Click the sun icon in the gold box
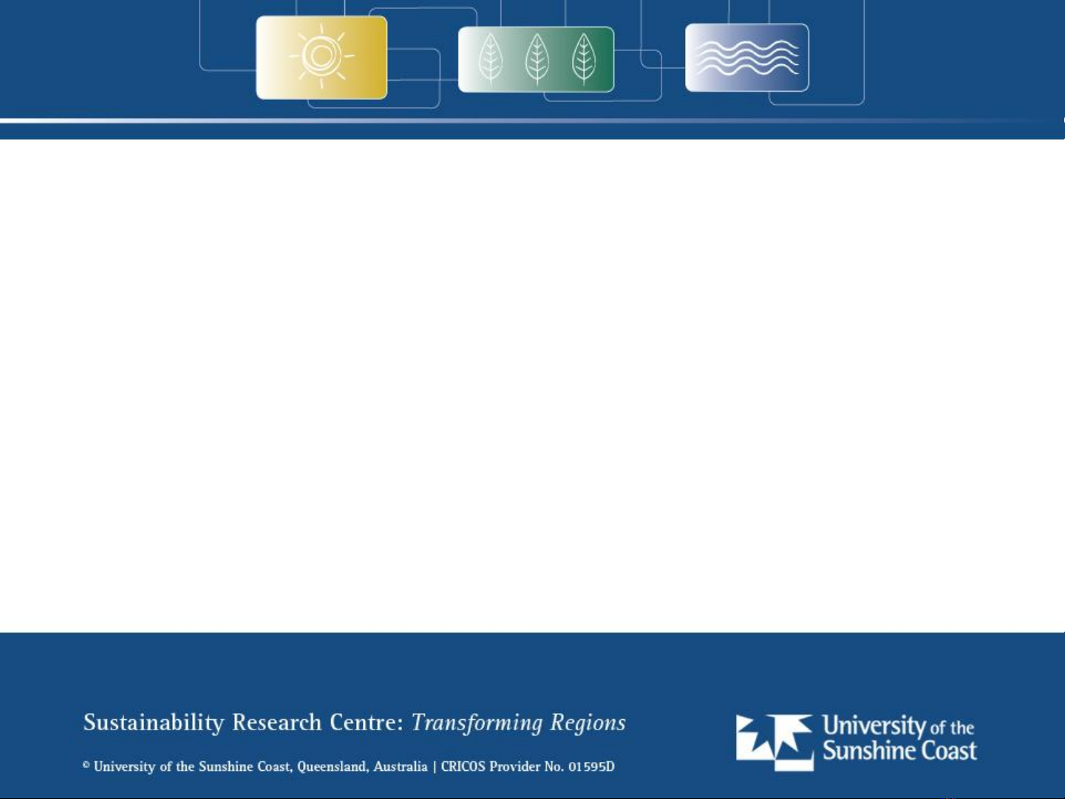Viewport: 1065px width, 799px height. (x=321, y=56)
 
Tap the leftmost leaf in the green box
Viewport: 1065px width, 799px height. (x=491, y=58)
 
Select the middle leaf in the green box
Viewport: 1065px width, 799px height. (x=537, y=58)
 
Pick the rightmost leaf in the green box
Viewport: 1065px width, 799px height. (x=584, y=58)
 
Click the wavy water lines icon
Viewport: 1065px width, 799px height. (x=747, y=58)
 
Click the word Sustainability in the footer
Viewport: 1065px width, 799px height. (x=153, y=723)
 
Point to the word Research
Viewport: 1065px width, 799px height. (x=276, y=722)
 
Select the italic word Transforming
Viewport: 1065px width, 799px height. (x=477, y=724)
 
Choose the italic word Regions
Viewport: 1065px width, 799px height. (x=588, y=724)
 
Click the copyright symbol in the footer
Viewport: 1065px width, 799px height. (x=86, y=764)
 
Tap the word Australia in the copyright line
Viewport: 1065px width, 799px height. (x=401, y=766)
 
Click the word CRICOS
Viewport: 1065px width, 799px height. (x=463, y=766)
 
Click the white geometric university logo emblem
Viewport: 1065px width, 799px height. (x=775, y=742)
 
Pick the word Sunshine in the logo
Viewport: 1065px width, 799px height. (x=869, y=750)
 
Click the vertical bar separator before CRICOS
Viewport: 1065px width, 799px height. (x=435, y=767)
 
